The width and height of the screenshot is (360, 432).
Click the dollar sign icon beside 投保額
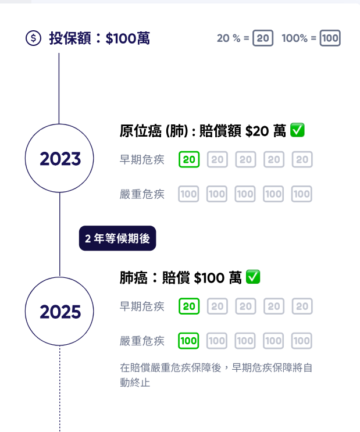(34, 38)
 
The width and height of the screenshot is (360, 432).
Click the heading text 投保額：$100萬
(99, 38)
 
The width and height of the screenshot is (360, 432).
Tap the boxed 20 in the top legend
(263, 38)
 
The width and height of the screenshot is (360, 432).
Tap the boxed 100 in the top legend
(330, 38)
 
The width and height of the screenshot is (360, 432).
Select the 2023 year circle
(60, 158)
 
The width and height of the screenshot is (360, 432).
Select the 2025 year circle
(60, 312)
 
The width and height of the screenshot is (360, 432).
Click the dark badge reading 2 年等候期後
(117, 238)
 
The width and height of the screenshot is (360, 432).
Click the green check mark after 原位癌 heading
(297, 131)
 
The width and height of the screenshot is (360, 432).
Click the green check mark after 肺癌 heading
(253, 277)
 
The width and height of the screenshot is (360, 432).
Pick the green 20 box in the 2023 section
(189, 159)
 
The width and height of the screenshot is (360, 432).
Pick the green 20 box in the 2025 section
(189, 306)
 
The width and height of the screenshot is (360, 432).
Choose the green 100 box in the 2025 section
(189, 341)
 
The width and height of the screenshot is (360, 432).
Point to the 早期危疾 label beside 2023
(142, 160)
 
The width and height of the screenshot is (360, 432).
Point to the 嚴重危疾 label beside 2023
(142, 194)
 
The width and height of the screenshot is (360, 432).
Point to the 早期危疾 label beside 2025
(142, 306)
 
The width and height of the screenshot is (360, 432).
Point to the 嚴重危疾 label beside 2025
(142, 341)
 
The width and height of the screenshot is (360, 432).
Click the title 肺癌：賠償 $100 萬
(180, 278)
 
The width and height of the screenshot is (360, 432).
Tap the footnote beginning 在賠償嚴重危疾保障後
(216, 375)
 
